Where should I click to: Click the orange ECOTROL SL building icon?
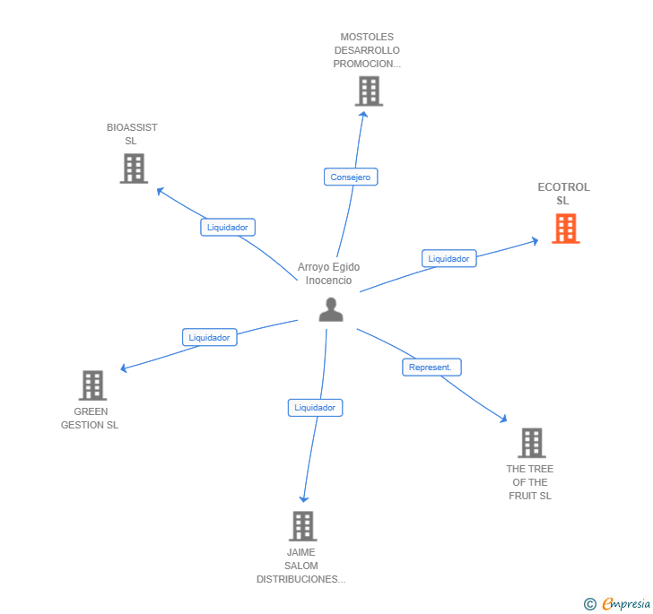tap(565, 229)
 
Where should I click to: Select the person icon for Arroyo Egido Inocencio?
tap(331, 309)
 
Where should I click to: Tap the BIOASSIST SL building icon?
tap(134, 169)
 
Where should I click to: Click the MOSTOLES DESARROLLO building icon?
tap(369, 91)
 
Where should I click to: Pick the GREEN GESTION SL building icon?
tap(93, 385)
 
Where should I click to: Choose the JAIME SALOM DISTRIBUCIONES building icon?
tap(303, 526)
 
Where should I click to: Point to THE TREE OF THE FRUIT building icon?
tap(531, 443)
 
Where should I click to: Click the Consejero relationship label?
tap(351, 177)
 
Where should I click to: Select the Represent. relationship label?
tap(431, 368)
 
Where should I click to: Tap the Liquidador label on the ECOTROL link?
tap(448, 259)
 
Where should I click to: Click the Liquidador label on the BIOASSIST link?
tap(228, 228)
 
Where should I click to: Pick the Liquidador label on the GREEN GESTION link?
tap(210, 338)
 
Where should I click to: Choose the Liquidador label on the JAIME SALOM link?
tap(315, 408)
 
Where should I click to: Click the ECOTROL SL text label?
tap(563, 194)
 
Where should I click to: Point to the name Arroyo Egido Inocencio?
tap(328, 273)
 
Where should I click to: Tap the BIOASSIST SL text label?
tap(132, 134)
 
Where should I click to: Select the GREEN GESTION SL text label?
tap(90, 419)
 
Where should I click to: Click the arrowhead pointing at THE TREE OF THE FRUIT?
tap(504, 419)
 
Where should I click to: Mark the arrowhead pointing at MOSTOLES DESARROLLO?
tap(362, 112)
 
